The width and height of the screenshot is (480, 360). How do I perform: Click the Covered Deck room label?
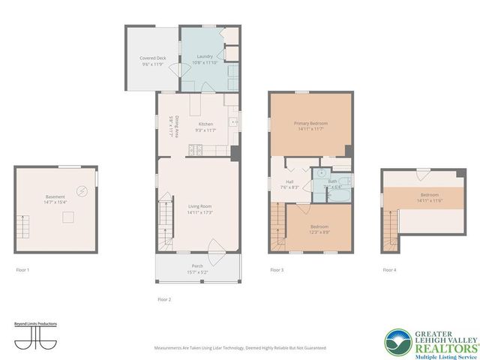152,61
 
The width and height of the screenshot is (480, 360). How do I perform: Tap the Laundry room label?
205,58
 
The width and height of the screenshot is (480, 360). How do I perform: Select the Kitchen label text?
205,127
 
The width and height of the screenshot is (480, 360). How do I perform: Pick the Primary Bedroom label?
310,126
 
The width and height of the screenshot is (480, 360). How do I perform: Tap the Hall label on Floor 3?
289,184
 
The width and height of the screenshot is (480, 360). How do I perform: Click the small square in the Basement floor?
66,218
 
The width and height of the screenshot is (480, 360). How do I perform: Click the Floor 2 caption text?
164,299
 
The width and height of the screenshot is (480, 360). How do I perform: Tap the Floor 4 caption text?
389,269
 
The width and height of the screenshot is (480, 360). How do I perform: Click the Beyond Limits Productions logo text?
36,324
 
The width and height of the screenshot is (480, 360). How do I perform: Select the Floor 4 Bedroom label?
424,198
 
